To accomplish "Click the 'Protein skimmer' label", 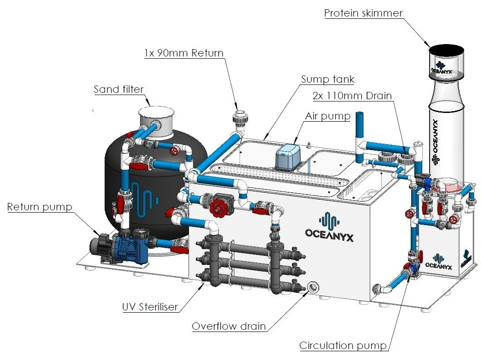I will click(x=363, y=13).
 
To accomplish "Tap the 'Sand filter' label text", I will click(x=118, y=89).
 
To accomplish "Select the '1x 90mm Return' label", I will click(x=183, y=53).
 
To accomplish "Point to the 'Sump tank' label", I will click(x=327, y=79).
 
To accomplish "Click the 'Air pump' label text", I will click(x=327, y=116).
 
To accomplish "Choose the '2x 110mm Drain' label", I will click(x=352, y=96).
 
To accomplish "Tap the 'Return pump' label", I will click(x=39, y=207).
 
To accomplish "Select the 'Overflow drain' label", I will click(x=229, y=326).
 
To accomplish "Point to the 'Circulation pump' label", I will click(x=343, y=345).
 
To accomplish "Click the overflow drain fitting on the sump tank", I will click(x=314, y=287).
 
